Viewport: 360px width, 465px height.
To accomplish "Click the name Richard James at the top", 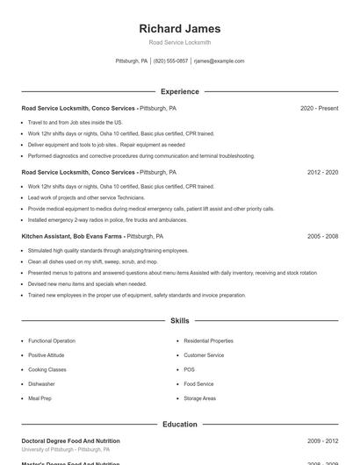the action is pos(180,28).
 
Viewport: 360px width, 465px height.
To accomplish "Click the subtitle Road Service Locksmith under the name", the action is pos(180,42).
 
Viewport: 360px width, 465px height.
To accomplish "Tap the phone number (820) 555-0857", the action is pos(170,61).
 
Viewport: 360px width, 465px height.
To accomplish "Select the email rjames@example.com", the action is pos(219,61).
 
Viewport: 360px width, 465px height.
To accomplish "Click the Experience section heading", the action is pos(180,91).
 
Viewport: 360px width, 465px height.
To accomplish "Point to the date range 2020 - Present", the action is pos(319,109).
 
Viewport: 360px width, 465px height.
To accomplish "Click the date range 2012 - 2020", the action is pos(322,173).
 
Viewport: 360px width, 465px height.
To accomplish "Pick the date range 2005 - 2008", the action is pos(322,237).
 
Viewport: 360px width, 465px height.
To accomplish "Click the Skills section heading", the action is pos(180,322).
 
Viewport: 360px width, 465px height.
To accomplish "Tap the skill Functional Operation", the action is pos(52,340).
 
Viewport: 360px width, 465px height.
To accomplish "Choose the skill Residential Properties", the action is pos(208,340).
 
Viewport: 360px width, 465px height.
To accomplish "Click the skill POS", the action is pos(189,369).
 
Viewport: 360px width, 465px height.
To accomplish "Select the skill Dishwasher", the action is pos(41,383).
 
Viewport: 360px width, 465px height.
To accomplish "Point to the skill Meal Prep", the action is pos(40,398).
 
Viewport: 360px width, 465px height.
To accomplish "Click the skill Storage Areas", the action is pos(199,398).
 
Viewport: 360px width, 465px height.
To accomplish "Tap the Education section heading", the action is pos(180,425).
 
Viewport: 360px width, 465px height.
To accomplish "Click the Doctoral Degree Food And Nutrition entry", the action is pos(70,441).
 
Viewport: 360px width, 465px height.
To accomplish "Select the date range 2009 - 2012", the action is pos(322,441).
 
